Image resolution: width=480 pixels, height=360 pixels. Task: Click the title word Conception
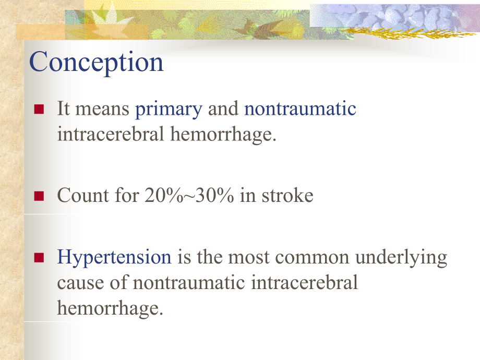pyautogui.click(x=97, y=63)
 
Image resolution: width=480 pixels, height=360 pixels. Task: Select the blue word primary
pyautogui.click(x=169, y=110)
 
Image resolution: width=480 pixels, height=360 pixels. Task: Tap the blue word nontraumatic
pyautogui.click(x=300, y=109)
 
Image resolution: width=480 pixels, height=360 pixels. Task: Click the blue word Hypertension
pyautogui.click(x=114, y=258)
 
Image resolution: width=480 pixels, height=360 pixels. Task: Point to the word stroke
pyautogui.click(x=287, y=195)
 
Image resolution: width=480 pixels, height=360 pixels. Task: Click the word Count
pyautogui.click(x=82, y=195)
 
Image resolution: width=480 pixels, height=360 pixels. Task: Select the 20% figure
pyautogui.click(x=164, y=195)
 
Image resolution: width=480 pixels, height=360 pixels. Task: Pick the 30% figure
pyautogui.click(x=214, y=195)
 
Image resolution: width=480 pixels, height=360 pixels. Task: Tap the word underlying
pyautogui.click(x=401, y=258)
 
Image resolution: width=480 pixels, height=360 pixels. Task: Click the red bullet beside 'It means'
pyautogui.click(x=39, y=109)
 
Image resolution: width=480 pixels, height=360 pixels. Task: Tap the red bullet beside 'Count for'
pyautogui.click(x=39, y=196)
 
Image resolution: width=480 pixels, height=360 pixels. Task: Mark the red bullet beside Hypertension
pyautogui.click(x=39, y=258)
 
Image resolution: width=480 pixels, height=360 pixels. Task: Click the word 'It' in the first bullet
pyautogui.click(x=63, y=109)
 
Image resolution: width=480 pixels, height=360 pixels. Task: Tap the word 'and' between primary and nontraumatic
pyautogui.click(x=223, y=109)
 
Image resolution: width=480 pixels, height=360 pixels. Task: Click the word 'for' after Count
pyautogui.click(x=127, y=195)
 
